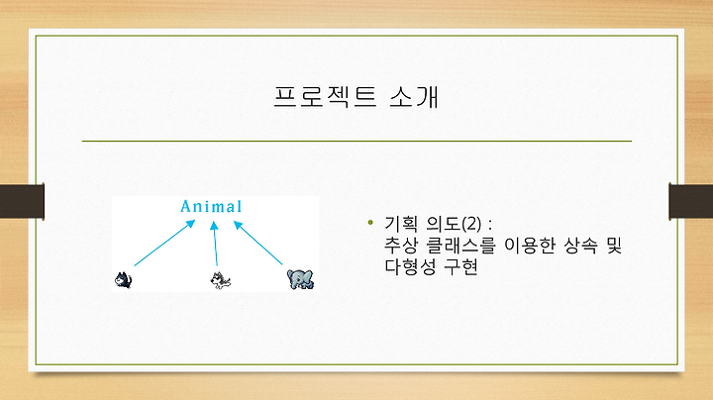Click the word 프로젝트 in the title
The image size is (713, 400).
[325, 96]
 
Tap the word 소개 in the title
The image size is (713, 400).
[414, 96]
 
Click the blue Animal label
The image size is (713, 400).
[211, 206]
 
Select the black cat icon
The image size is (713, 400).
[123, 279]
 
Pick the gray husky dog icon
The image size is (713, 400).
[221, 280]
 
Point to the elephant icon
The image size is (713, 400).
[301, 279]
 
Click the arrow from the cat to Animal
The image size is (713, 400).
[164, 243]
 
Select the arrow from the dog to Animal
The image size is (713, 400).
[215, 244]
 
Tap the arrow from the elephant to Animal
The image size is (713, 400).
[257, 243]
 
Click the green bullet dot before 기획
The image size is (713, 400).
[370, 222]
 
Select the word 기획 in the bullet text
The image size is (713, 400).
[401, 224]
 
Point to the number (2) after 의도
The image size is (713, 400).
[471, 224]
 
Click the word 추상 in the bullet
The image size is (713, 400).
[401, 246]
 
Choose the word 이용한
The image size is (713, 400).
[530, 246]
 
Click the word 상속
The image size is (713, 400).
[580, 246]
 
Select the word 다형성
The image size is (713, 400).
[409, 266]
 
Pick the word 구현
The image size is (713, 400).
[460, 266]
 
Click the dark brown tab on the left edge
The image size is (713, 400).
[22, 201]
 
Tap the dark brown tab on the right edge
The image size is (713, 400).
[691, 201]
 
